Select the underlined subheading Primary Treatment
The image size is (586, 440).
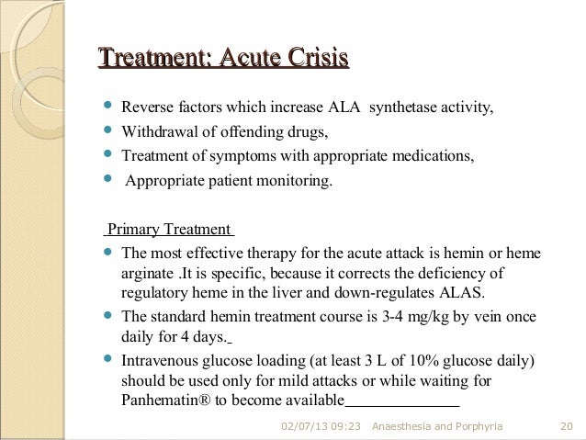pos(170,230)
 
